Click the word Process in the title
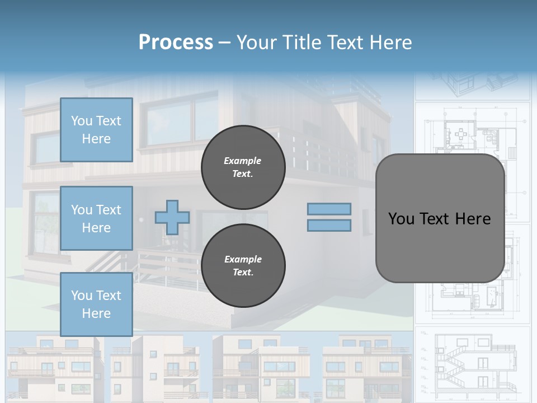pyautogui.click(x=176, y=43)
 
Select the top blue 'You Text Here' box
pyautogui.click(x=96, y=130)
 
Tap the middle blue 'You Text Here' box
pyautogui.click(x=96, y=218)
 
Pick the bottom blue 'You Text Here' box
pyautogui.click(x=96, y=304)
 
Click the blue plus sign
pyautogui.click(x=172, y=217)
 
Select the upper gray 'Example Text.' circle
pyautogui.click(x=243, y=167)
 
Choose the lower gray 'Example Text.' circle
pyautogui.click(x=243, y=266)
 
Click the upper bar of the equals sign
pyautogui.click(x=329, y=209)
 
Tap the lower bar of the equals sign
pyautogui.click(x=329, y=226)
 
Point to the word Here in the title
pyautogui.click(x=390, y=43)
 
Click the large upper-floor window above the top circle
pyautogui.click(x=179, y=120)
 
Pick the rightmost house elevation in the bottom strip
pyautogui.click(x=366, y=367)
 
